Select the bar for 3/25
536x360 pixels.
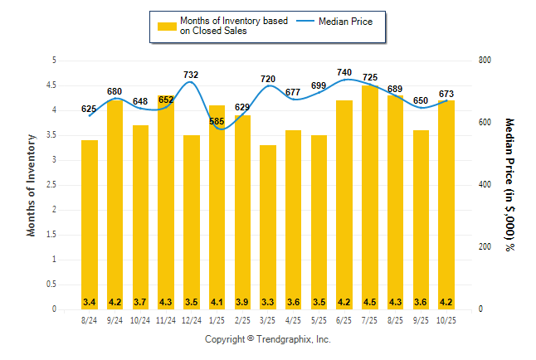(268, 227)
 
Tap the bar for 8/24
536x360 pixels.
(90, 225)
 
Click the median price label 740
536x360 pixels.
(344, 73)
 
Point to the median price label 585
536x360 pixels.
(217, 122)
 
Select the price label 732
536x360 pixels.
(192, 75)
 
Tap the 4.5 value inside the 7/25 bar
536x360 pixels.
(370, 301)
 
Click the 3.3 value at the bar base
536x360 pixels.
(268, 301)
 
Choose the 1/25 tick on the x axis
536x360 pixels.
(217, 319)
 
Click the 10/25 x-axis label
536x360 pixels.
(446, 319)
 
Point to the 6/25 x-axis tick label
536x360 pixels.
(344, 319)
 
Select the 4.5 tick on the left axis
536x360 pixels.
(53, 85)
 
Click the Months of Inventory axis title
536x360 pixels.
(32, 185)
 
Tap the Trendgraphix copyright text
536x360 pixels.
(268, 339)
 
